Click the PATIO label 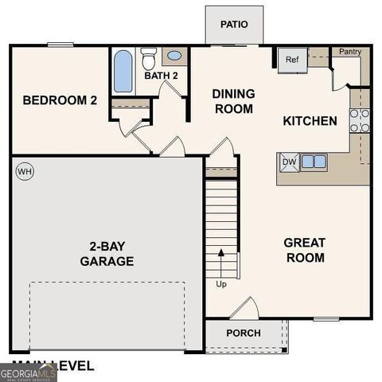[234, 24]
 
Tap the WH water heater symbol [24, 171]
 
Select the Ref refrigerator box [292, 60]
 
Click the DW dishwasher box [288, 162]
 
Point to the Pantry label [350, 53]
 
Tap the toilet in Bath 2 [148, 59]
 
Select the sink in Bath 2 [173, 57]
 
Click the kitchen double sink [313, 162]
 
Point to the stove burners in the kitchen [360, 119]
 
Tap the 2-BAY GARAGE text [107, 253]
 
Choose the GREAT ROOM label [305, 250]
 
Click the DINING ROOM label [233, 101]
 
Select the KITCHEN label [310, 121]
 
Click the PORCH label [244, 333]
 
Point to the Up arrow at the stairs [221, 267]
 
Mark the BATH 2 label [162, 76]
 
